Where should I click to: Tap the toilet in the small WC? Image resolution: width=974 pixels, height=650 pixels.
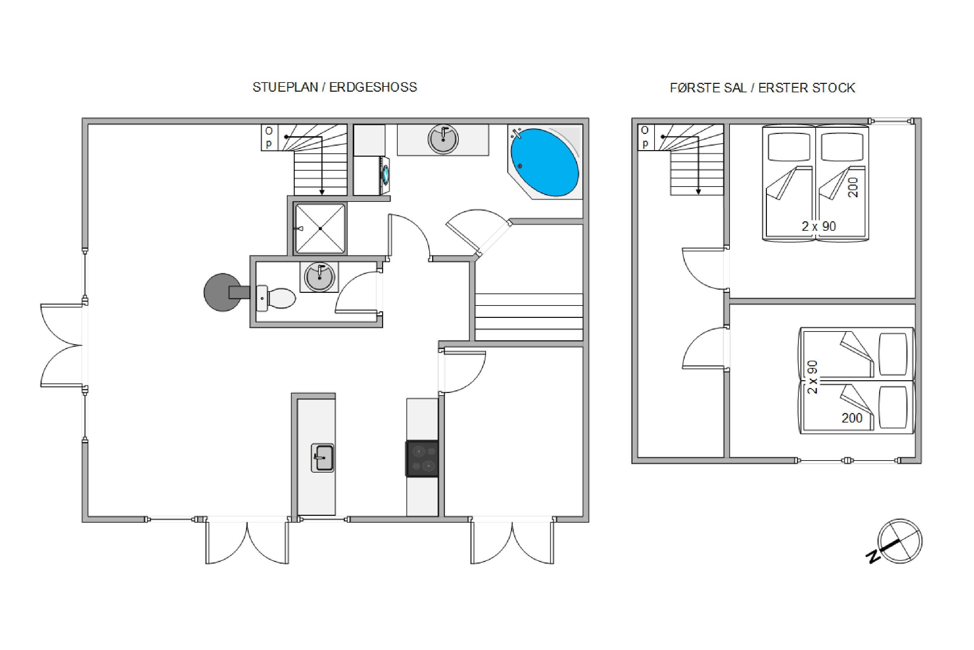(x=276, y=298)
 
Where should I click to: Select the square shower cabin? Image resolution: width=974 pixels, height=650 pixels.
(x=320, y=228)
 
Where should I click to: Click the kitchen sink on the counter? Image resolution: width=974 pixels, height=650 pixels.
(x=323, y=458)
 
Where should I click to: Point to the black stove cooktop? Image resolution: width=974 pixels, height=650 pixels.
(x=422, y=459)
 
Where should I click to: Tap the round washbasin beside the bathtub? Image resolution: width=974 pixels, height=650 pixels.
(x=443, y=139)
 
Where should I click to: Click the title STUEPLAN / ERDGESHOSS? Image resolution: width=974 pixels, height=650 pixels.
(x=335, y=87)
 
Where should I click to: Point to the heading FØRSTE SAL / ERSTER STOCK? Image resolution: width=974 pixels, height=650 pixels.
(x=762, y=88)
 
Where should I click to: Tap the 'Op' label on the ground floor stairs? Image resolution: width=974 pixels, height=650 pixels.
(x=269, y=137)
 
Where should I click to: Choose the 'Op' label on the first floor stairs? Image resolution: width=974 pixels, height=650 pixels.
(x=645, y=137)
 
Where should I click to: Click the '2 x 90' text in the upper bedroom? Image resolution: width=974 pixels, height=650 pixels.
(x=819, y=226)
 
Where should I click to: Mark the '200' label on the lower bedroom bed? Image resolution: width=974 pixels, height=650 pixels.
(x=852, y=418)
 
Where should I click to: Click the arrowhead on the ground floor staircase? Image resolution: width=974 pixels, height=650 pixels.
(x=322, y=192)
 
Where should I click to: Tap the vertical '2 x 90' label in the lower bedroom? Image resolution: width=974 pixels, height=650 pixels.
(x=813, y=377)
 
